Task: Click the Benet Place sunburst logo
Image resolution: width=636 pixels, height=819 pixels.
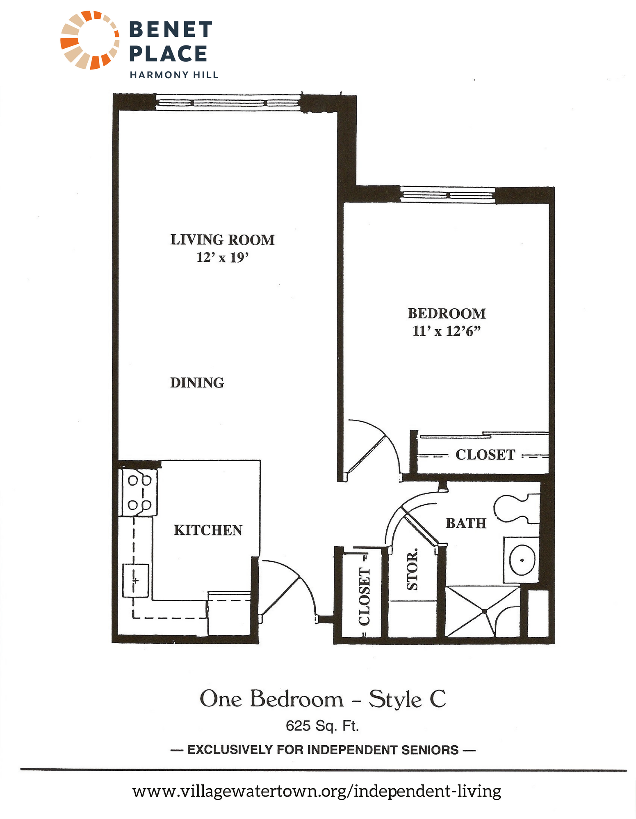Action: click(x=90, y=40)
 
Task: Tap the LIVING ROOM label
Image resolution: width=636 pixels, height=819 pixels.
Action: click(x=222, y=240)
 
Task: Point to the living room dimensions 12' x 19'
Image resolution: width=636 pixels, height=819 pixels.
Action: click(x=223, y=258)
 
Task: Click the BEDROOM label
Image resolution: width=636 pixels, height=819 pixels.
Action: click(x=447, y=313)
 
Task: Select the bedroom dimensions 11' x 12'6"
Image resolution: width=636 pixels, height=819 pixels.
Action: click(x=447, y=331)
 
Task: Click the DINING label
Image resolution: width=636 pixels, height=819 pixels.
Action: click(x=197, y=382)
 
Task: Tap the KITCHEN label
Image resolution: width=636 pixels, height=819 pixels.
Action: click(x=208, y=530)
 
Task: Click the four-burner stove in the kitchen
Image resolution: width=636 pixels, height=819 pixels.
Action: click(x=139, y=492)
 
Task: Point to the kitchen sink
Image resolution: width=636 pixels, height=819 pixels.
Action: click(x=135, y=580)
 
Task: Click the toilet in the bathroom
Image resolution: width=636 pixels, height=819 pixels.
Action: click(x=516, y=508)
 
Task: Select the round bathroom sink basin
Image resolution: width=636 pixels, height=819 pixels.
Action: click(x=522, y=560)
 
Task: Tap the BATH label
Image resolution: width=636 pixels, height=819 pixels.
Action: click(x=466, y=523)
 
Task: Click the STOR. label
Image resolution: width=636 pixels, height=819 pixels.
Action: click(x=412, y=569)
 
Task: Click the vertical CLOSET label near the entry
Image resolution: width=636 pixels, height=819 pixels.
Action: click(x=364, y=597)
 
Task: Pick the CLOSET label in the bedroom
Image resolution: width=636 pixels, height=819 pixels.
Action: click(x=485, y=455)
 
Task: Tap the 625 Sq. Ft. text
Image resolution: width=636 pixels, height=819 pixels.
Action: click(x=322, y=726)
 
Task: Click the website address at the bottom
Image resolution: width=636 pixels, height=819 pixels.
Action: click(x=317, y=791)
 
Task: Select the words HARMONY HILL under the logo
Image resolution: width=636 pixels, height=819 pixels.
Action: click(x=174, y=75)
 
